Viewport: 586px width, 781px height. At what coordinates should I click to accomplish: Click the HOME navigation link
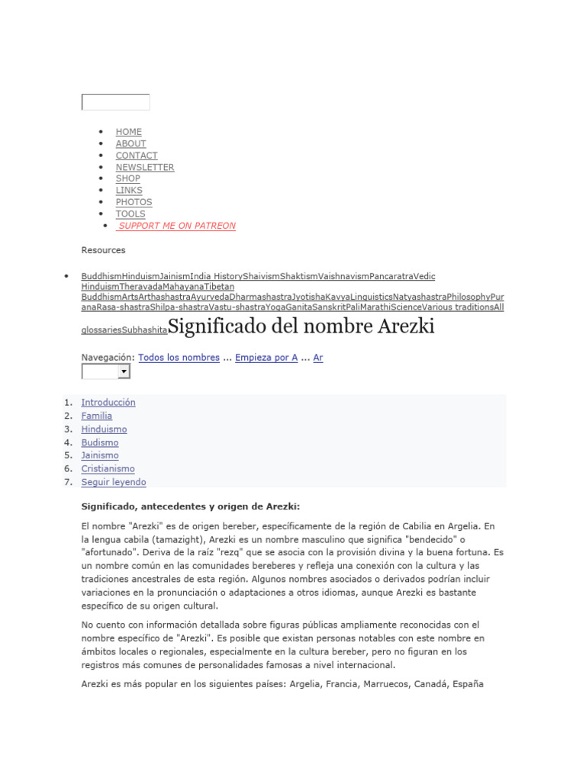(x=128, y=132)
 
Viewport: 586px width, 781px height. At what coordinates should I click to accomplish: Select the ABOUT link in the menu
(x=130, y=143)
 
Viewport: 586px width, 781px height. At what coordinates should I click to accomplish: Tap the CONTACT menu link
(x=137, y=156)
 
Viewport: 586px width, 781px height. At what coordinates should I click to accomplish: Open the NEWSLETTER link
(x=145, y=167)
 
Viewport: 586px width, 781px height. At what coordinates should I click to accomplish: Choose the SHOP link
(x=127, y=178)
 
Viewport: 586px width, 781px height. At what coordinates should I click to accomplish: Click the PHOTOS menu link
(x=134, y=202)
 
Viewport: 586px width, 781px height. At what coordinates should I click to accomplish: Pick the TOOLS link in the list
(x=130, y=214)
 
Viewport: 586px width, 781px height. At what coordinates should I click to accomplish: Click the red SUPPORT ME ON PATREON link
(x=177, y=226)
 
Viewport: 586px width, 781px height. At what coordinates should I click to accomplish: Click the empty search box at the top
(x=115, y=102)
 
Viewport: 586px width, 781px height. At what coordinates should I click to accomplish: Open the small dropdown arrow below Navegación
(x=124, y=371)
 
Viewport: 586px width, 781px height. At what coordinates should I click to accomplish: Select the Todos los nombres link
(x=179, y=357)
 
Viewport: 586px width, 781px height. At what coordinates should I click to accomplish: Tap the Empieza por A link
(x=266, y=357)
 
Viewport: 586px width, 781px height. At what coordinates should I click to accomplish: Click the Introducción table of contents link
(x=108, y=403)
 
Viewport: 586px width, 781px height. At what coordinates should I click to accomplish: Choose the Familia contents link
(x=97, y=416)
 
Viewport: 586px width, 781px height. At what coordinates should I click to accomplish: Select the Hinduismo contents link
(x=104, y=429)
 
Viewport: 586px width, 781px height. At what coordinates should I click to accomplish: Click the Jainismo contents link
(x=100, y=455)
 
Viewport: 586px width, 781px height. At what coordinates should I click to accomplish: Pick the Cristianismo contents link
(x=108, y=469)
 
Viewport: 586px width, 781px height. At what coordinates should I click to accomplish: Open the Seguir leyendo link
(x=114, y=482)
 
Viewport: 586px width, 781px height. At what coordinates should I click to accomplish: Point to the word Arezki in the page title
(x=405, y=326)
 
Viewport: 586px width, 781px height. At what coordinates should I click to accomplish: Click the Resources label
(x=103, y=250)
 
